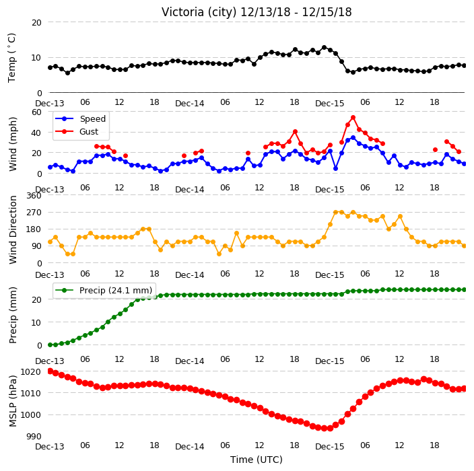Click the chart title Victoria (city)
pyautogui.click(x=199, y=12)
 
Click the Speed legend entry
pyautogui.click(x=80, y=118)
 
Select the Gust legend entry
pyautogui.click(x=77, y=131)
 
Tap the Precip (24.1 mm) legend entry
pyautogui.click(x=104, y=290)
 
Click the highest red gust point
pyautogui.click(x=353, y=118)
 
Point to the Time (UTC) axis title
pyautogui.click(x=257, y=460)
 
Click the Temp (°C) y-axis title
pyautogui.click(x=11, y=58)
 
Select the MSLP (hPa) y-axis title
pyautogui.click(x=12, y=401)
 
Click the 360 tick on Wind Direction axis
pyautogui.click(x=34, y=196)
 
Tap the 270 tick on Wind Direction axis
pyautogui.click(x=34, y=213)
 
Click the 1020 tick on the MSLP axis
pyautogui.click(x=30, y=371)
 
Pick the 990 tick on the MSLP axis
pyautogui.click(x=34, y=436)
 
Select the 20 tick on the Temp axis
pyautogui.click(x=36, y=23)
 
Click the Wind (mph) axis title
pyautogui.click(x=12, y=144)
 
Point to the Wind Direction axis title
pyautogui.click(x=12, y=230)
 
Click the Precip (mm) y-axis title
pyautogui.click(x=12, y=315)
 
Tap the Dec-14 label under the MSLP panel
pyautogui.click(x=190, y=447)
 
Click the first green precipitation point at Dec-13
pyautogui.click(x=50, y=345)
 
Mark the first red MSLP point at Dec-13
pyautogui.click(x=50, y=371)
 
